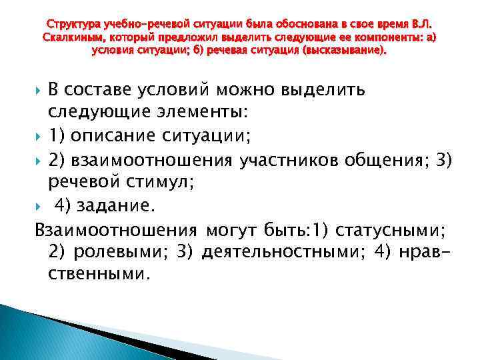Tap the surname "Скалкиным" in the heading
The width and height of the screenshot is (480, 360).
pos(71,38)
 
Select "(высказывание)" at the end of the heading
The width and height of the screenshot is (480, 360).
pos(349,50)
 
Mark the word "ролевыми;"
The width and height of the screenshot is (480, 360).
pos(120,252)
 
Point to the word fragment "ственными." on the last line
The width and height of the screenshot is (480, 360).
pos(99,273)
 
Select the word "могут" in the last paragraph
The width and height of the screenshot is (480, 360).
pos(237,231)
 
